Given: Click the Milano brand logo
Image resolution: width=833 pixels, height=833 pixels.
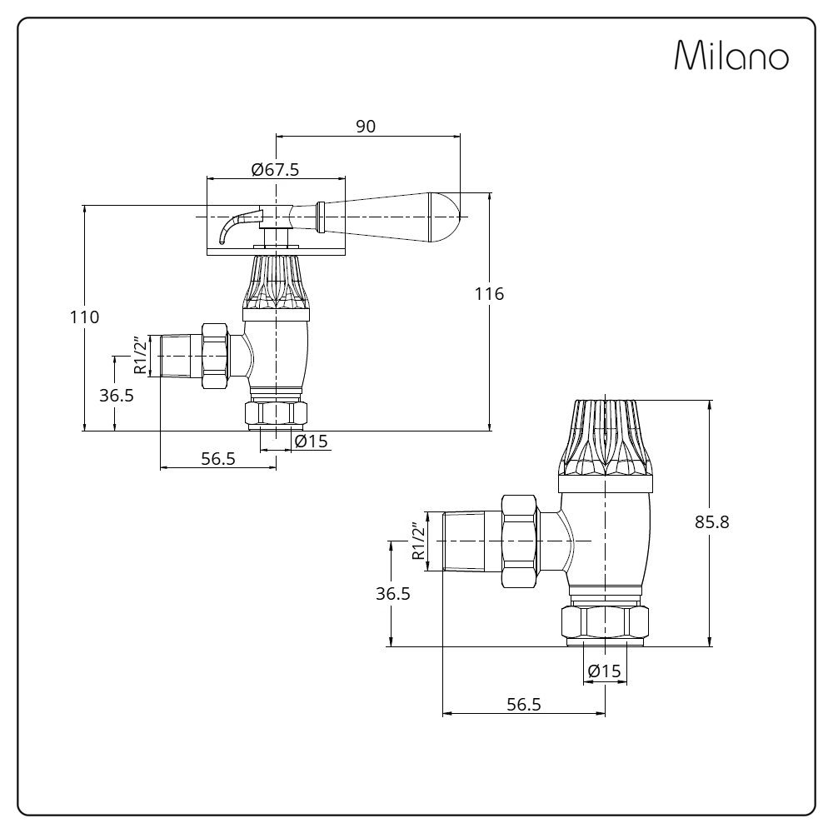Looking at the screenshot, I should point(731,56).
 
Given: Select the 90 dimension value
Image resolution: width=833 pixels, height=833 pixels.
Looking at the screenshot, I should point(366,126).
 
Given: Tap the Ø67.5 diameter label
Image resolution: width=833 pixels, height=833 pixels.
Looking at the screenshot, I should point(275,169).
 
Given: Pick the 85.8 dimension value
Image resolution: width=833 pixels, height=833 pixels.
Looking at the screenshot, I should point(712,522).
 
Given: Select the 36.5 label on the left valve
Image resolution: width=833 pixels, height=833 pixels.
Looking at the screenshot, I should point(117,395).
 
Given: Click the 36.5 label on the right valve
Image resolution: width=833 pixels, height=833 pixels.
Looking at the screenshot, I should point(392,593).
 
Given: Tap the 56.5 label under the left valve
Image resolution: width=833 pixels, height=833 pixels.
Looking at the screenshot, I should point(218,458).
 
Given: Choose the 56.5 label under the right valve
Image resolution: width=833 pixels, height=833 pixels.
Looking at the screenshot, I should point(524,704).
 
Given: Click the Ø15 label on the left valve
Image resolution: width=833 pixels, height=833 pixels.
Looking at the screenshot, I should point(312,441).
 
